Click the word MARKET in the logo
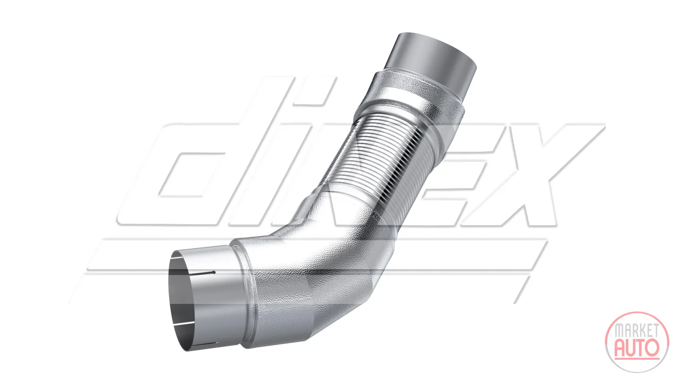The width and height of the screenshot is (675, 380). [636, 330]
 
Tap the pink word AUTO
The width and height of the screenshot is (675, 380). [637, 347]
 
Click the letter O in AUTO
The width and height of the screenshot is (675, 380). [652, 347]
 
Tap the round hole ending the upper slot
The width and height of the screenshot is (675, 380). [214, 272]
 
